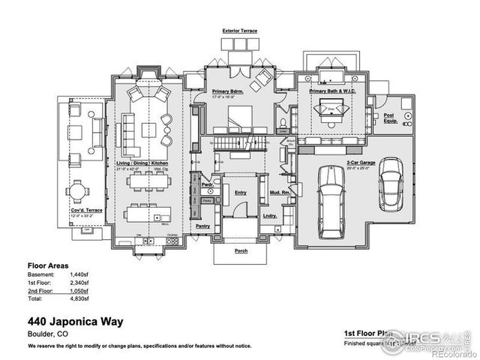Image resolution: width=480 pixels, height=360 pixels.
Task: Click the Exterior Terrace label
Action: click(240, 31)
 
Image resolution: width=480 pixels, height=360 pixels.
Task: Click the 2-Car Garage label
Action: click(361, 163)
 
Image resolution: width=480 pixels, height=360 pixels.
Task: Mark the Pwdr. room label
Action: click(208, 183)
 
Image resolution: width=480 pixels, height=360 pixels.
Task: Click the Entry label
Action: click(241, 193)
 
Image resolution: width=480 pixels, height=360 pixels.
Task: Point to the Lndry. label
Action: click(271, 216)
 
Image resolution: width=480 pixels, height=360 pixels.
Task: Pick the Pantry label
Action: click(203, 224)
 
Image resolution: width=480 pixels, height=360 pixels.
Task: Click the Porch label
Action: click(241, 251)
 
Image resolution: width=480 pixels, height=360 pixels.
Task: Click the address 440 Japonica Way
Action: click(76, 321)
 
